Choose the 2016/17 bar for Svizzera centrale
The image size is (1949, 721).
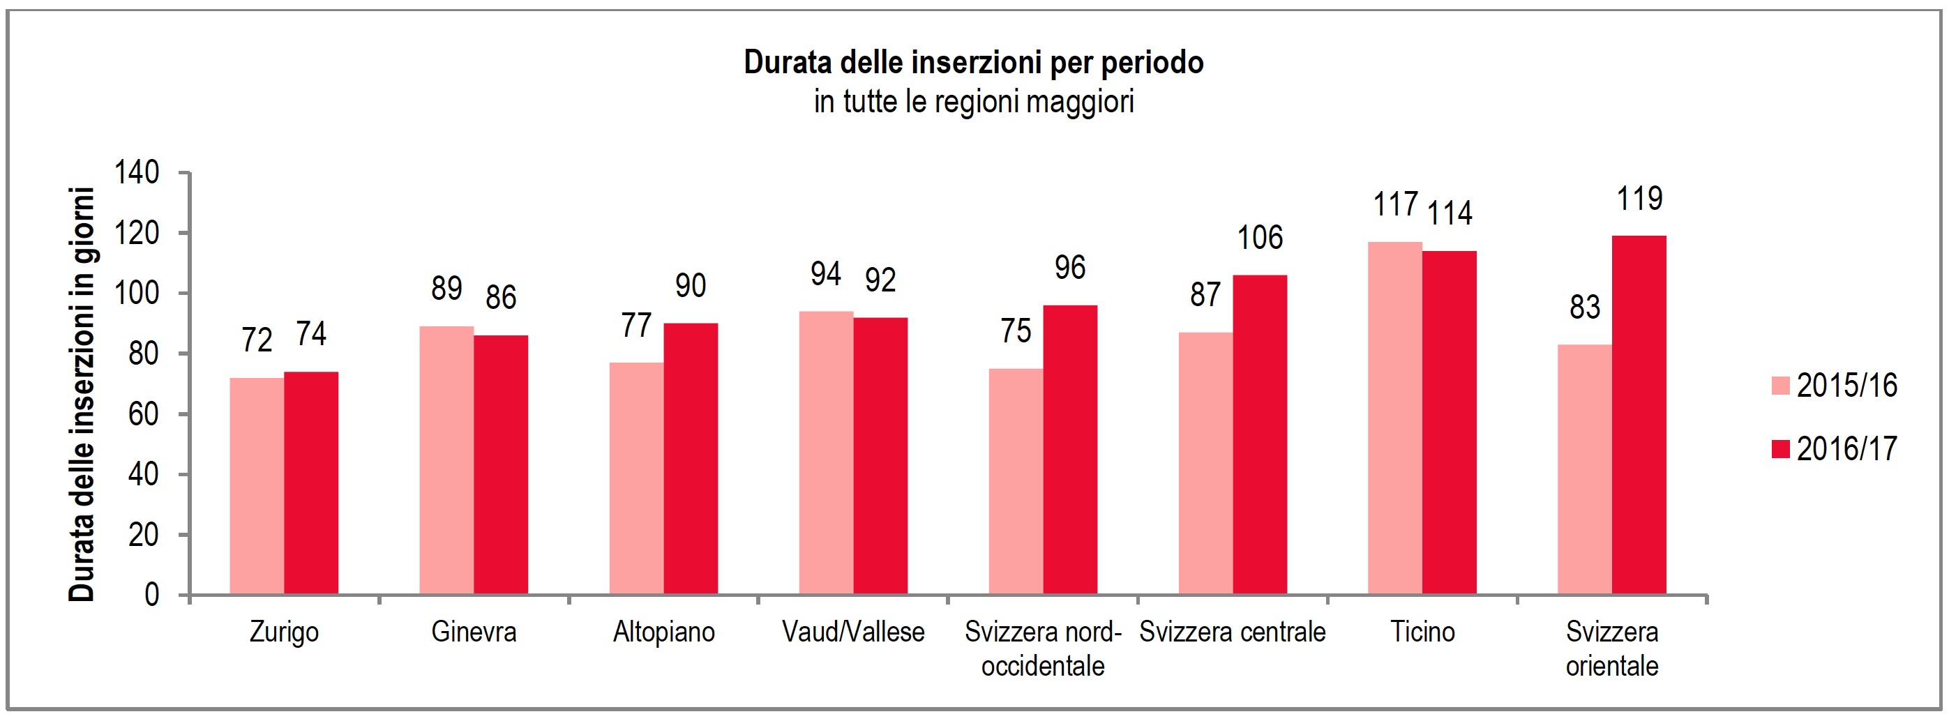1260,434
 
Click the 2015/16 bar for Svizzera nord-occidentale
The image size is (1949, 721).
1016,481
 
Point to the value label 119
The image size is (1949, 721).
1639,199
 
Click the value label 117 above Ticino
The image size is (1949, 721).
1395,205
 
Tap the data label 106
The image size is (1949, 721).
1260,238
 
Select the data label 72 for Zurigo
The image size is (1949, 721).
257,340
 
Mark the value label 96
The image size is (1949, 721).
1070,268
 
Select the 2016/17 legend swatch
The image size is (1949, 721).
1780,448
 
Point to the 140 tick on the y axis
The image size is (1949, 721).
136,173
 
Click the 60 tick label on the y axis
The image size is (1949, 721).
143,415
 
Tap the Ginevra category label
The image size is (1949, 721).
474,632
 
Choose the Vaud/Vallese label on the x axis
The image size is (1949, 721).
852,632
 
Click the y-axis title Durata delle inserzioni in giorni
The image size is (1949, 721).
82,393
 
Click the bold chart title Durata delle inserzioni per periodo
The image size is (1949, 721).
973,63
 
